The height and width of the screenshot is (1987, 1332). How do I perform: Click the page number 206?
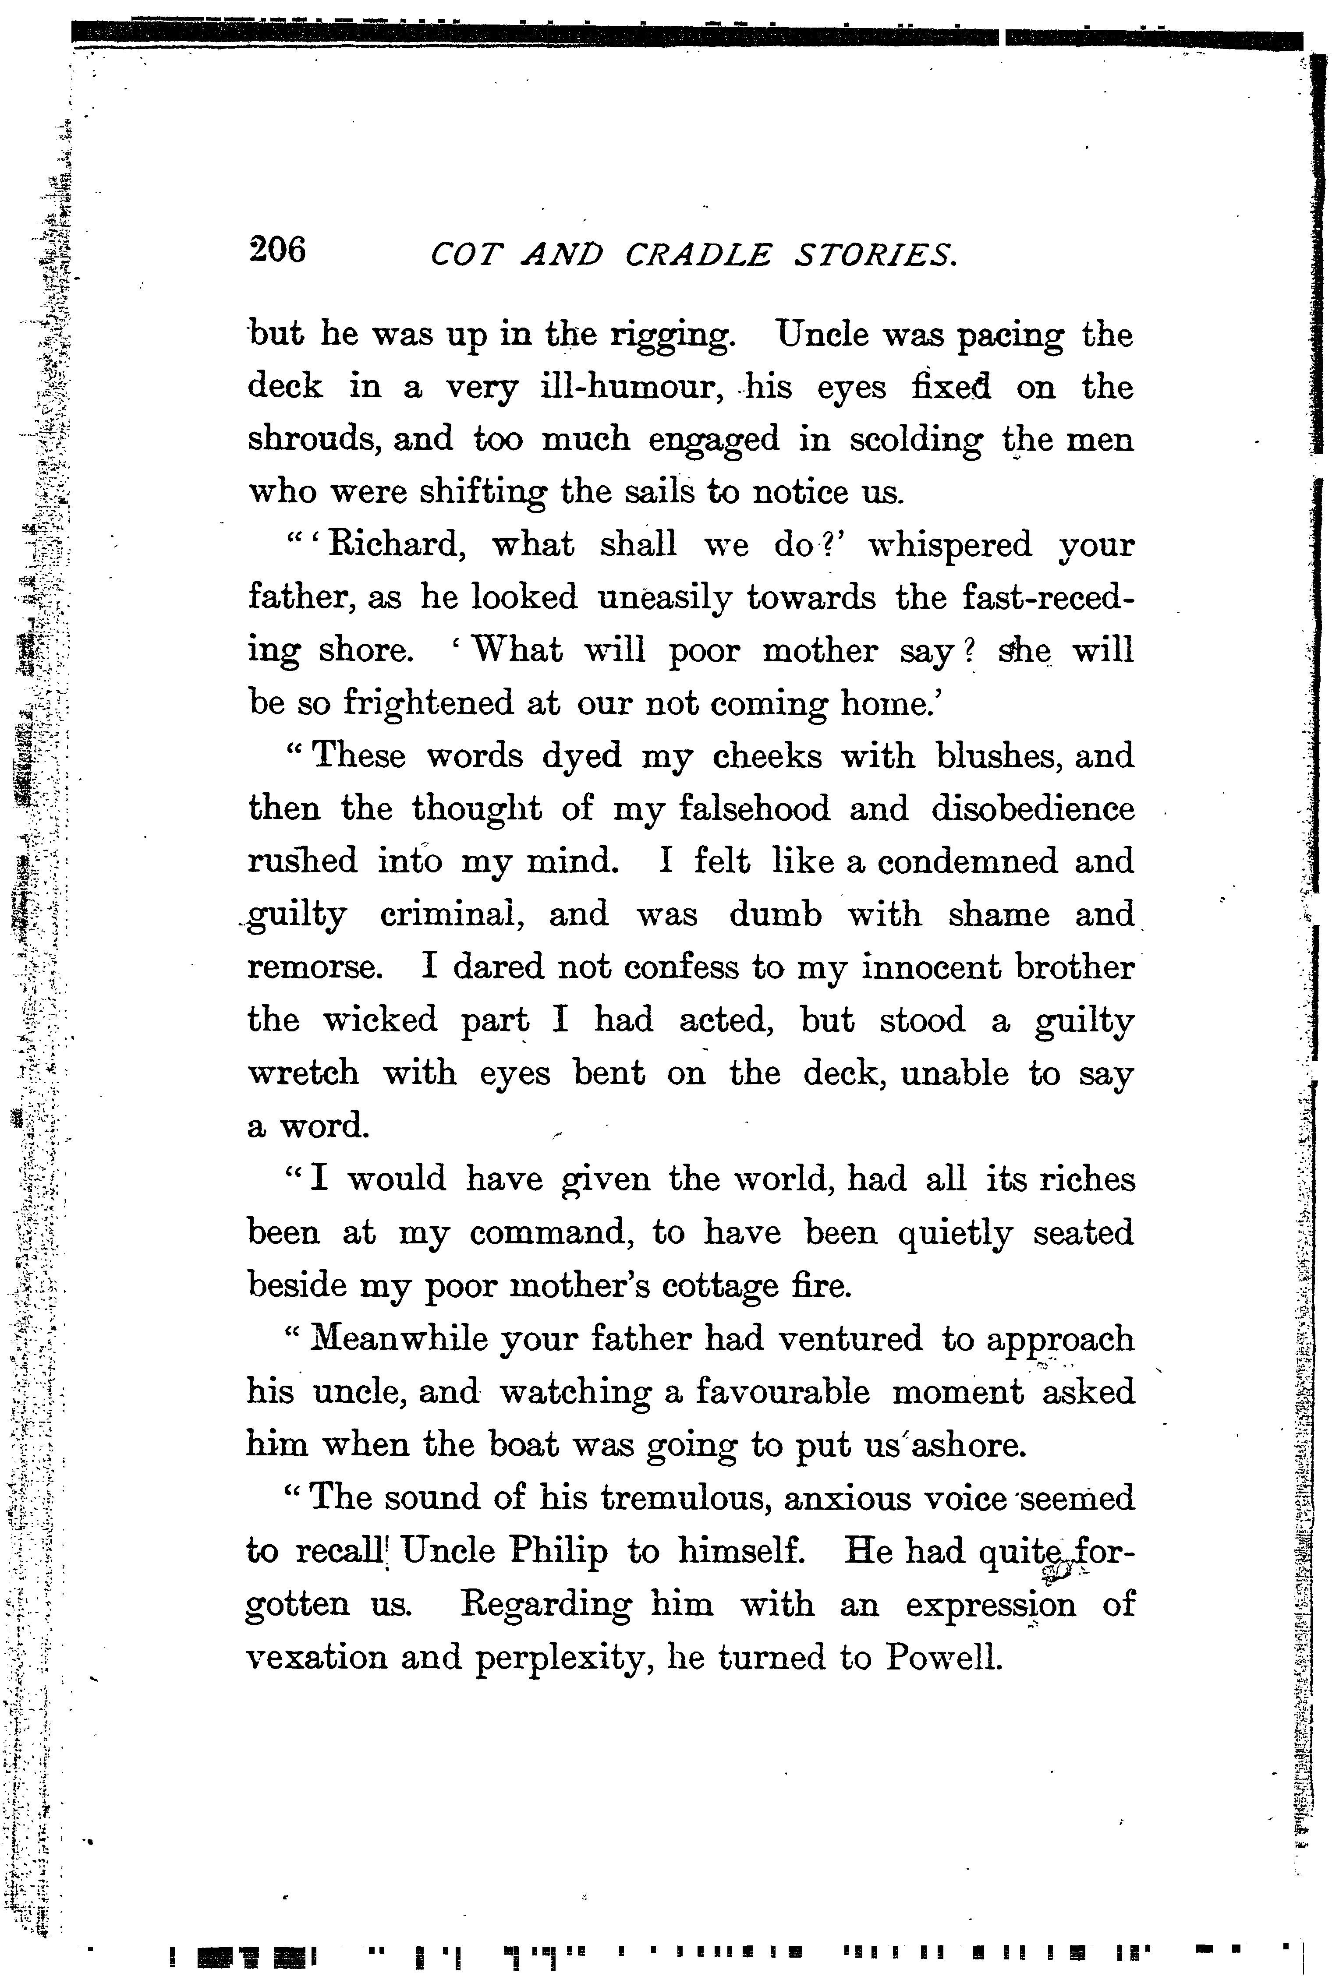tap(277, 251)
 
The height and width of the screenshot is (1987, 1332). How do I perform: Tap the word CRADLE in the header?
tap(698, 255)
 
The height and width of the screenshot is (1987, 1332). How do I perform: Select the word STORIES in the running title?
tap(875, 255)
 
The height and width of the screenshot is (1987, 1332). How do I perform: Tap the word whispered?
tap(950, 545)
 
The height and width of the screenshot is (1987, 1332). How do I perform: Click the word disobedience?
tap(1032, 808)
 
